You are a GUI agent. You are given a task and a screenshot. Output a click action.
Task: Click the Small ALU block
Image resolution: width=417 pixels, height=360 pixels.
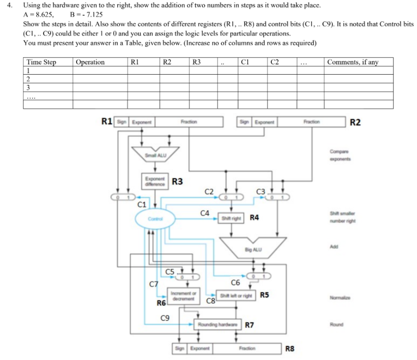tap(156, 154)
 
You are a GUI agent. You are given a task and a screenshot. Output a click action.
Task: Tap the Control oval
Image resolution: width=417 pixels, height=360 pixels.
tap(155, 218)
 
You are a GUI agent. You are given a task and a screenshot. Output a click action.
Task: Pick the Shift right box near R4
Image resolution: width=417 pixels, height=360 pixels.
tap(232, 218)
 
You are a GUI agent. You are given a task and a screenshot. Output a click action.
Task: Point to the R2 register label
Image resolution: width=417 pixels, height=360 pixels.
tap(356, 122)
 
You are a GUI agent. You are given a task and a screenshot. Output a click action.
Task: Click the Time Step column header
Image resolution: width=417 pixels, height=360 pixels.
tap(41, 62)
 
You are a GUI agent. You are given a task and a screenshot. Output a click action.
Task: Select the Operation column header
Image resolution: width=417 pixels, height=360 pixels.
tap(90, 62)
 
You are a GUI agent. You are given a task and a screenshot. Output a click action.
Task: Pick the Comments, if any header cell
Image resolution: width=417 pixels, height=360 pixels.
tap(352, 62)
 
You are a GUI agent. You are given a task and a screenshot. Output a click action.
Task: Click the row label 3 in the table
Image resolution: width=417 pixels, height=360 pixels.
tap(28, 87)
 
